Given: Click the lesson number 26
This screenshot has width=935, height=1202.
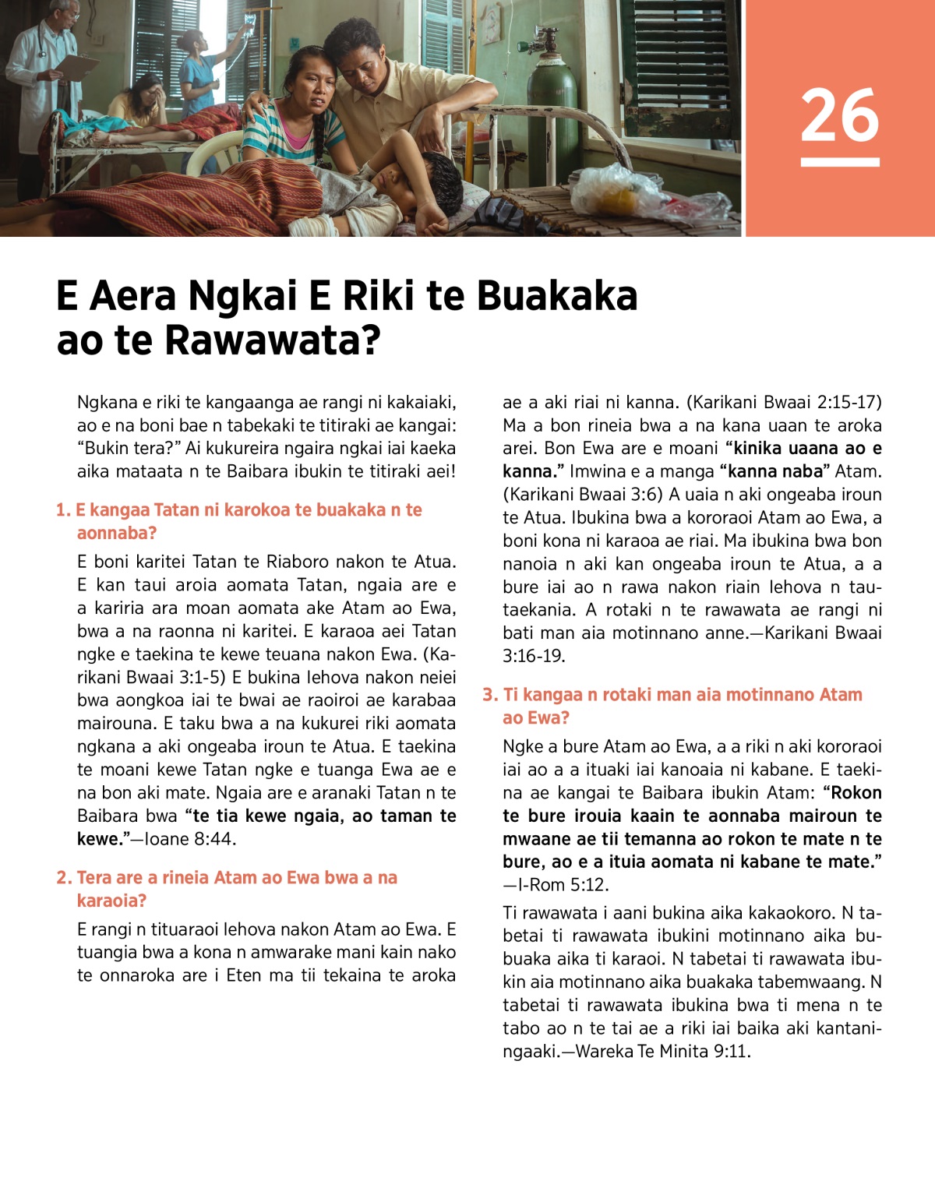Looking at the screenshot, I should coord(840,115).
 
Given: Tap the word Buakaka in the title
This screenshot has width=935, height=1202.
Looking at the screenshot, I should coord(556,296).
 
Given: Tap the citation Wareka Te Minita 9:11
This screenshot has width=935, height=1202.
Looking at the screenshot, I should coord(662,1051).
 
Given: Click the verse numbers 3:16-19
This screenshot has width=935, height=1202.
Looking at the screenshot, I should coord(534,656).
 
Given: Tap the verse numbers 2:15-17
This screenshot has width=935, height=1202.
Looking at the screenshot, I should coord(849,403).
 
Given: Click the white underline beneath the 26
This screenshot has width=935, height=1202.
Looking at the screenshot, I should coord(840,162).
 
